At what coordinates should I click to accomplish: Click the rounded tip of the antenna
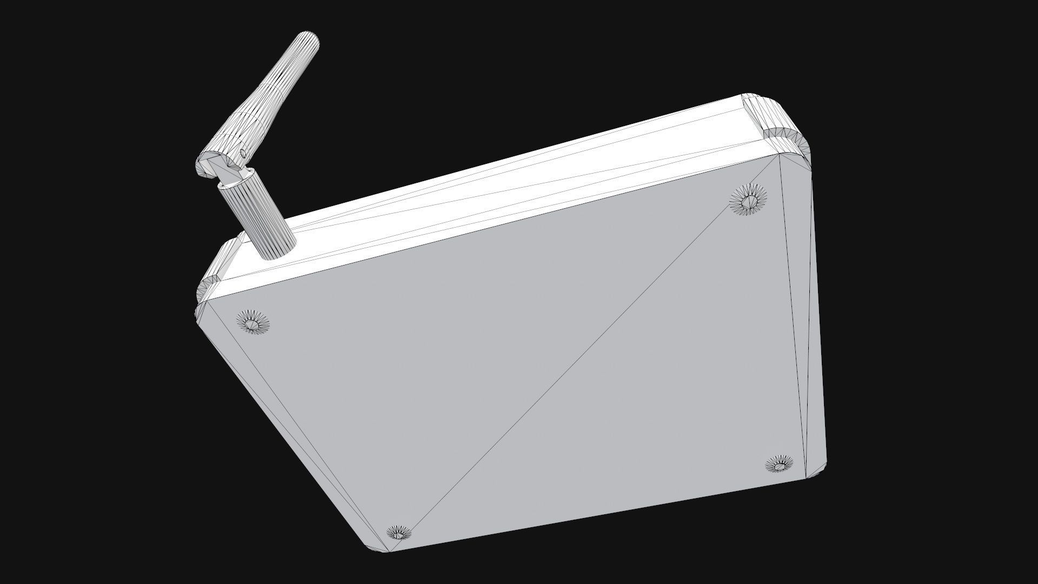[x=309, y=41]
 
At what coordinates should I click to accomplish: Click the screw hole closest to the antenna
[x=253, y=323]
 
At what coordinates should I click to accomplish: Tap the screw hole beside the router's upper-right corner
[x=748, y=199]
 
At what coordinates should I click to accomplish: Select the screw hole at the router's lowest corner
[x=399, y=534]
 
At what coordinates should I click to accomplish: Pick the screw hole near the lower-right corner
[x=779, y=464]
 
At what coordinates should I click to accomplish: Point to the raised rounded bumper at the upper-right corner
[x=778, y=122]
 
